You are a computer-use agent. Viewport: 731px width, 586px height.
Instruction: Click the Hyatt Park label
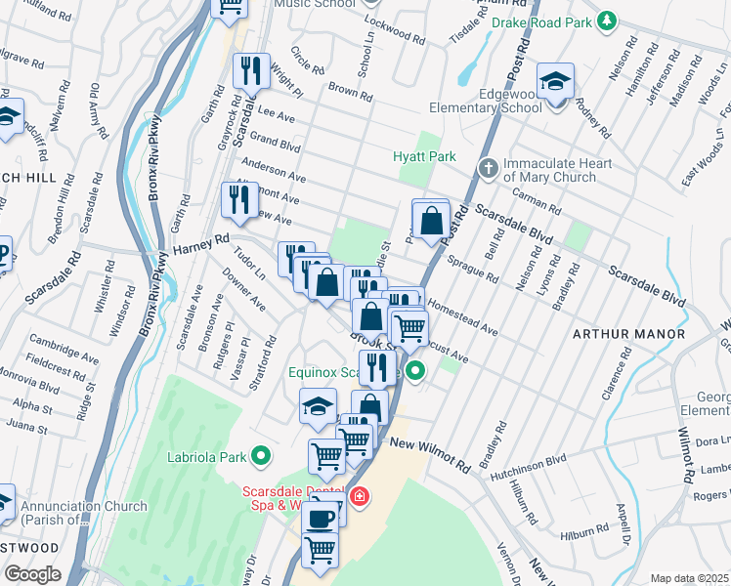(424, 156)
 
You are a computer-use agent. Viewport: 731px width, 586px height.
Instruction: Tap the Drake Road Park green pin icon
(608, 21)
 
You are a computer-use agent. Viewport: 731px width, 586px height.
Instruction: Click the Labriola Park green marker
(261, 455)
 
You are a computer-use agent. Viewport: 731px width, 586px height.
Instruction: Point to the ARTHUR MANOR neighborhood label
(628, 334)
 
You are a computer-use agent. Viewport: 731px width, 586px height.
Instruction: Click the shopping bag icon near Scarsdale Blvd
(431, 220)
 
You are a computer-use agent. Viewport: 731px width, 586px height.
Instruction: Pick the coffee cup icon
(320, 520)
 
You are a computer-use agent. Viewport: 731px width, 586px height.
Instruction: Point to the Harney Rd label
(201, 237)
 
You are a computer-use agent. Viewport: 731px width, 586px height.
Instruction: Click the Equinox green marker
(414, 371)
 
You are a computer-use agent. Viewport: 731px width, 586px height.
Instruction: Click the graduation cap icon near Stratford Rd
(318, 406)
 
